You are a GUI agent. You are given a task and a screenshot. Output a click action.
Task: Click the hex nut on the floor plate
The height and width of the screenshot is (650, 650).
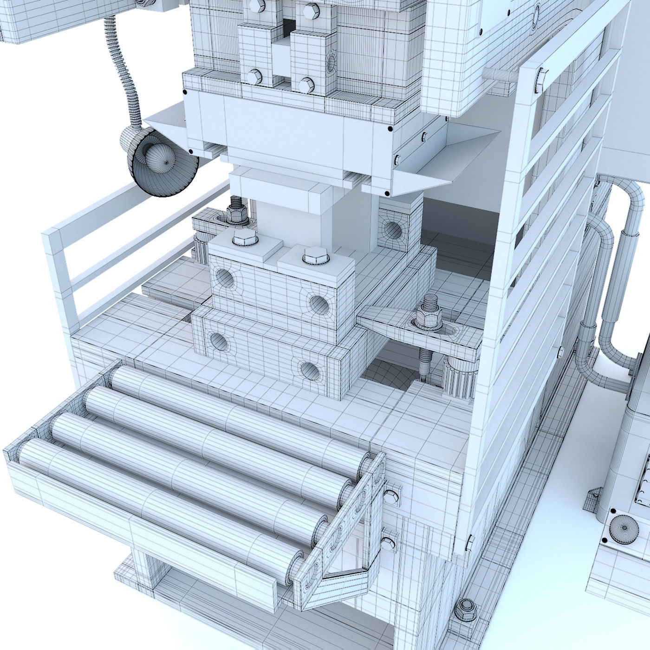[465, 605]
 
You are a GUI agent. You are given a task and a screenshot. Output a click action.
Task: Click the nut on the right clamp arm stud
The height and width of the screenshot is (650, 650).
[427, 316]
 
